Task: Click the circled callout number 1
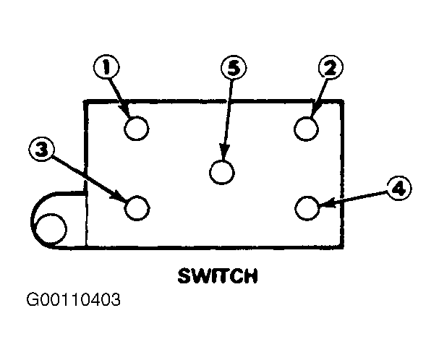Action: (x=106, y=67)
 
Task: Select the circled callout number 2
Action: (x=331, y=68)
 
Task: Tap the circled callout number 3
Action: (x=42, y=149)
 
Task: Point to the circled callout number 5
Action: (x=234, y=68)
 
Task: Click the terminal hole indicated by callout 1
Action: (x=137, y=129)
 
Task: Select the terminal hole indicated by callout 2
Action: (x=307, y=129)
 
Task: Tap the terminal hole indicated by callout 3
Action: (x=137, y=208)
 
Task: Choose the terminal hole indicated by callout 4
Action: (x=307, y=208)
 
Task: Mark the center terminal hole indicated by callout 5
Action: (x=222, y=172)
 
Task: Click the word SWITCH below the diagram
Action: (x=218, y=275)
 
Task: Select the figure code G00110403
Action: (x=74, y=299)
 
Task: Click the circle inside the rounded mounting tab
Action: (x=51, y=228)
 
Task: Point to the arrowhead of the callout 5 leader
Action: (x=223, y=153)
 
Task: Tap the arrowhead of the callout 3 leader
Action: (x=119, y=196)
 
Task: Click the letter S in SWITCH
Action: (x=184, y=275)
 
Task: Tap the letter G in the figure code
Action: (x=33, y=299)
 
